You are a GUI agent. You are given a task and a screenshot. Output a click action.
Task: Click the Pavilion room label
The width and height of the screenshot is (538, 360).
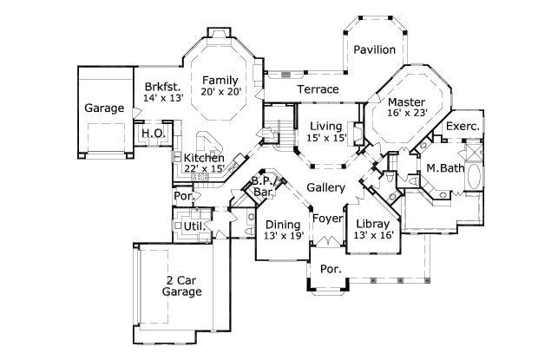click(374, 49)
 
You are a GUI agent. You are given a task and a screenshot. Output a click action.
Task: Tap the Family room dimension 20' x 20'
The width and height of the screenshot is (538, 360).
click(220, 91)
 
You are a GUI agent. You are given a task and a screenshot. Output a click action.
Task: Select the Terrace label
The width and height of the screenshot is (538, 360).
click(318, 89)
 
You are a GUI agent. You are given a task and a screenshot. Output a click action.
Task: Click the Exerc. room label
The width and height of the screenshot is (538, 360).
click(463, 127)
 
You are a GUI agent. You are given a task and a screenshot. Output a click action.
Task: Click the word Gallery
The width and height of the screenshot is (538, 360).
click(326, 187)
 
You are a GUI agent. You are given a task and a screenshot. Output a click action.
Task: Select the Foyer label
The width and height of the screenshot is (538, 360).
click(327, 218)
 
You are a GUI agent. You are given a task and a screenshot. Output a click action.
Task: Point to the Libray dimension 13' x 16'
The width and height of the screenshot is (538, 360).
click(375, 234)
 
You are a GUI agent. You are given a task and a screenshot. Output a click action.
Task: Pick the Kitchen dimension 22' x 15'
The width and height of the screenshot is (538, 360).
click(204, 168)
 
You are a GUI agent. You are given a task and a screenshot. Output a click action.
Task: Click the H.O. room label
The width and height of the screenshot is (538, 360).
click(153, 133)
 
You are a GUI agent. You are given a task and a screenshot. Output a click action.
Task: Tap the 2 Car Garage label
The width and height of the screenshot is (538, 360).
click(183, 285)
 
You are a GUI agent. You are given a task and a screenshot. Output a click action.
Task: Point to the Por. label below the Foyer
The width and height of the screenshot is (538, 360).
click(331, 269)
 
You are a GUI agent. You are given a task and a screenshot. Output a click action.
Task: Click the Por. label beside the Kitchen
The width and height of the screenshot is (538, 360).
click(183, 196)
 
